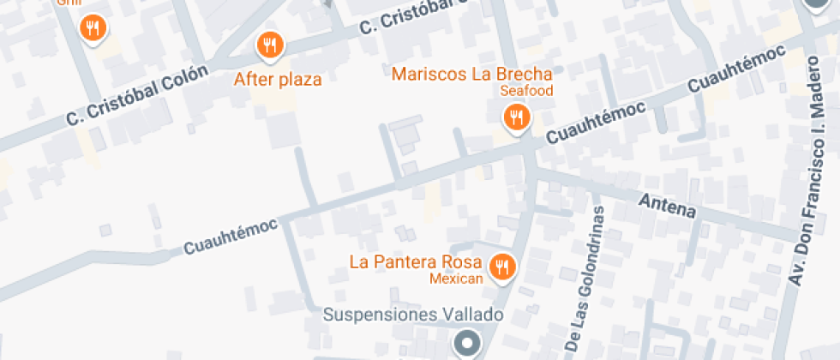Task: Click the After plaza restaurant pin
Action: pyautogui.click(x=270, y=44)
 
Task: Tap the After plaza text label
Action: pyautogui.click(x=278, y=80)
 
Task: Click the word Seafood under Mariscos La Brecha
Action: pyautogui.click(x=527, y=90)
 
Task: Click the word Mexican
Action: pyautogui.click(x=457, y=278)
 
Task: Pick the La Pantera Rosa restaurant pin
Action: pyautogui.click(x=503, y=267)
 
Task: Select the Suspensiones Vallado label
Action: pyautogui.click(x=412, y=315)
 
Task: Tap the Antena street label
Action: pyautogui.click(x=668, y=205)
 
